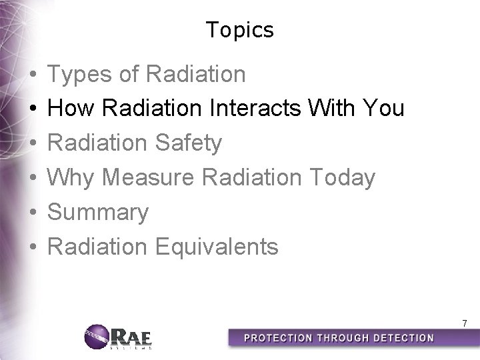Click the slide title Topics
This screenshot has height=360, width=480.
pos(240,30)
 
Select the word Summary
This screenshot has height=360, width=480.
pos(99,212)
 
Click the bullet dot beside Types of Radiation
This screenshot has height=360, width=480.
pos(33,75)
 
